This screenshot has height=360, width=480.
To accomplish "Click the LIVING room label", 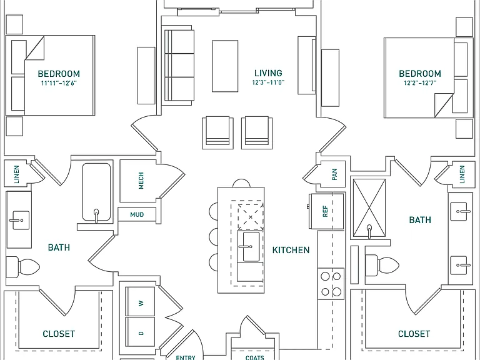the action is (268, 73).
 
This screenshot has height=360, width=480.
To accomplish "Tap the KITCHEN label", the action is (291, 250).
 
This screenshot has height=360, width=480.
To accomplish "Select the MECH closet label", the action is (141, 181).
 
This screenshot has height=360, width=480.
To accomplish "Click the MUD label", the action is (137, 214).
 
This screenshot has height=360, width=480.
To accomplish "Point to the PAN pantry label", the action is (334, 174).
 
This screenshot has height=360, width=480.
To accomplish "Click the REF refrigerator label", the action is (326, 211).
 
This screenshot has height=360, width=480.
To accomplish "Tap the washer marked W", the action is (141, 301).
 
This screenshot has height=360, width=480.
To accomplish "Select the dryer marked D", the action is (141, 332).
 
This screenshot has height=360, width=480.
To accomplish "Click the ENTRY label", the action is (186, 357).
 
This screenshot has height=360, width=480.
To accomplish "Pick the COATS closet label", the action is (255, 357).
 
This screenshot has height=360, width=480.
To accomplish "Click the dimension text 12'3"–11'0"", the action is (268, 82).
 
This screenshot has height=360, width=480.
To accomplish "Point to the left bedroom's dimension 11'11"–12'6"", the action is (59, 83).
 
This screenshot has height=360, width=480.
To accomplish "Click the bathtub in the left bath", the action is (96, 192).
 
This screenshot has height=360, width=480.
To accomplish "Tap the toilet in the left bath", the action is (22, 267).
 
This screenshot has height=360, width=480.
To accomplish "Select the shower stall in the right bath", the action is (369, 208).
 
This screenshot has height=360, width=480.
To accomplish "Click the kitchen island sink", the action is (251, 247).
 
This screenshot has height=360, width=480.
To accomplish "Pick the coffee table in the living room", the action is (225, 66).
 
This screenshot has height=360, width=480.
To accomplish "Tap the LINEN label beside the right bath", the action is (462, 174).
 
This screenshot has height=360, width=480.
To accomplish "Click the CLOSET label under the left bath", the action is (59, 334).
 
